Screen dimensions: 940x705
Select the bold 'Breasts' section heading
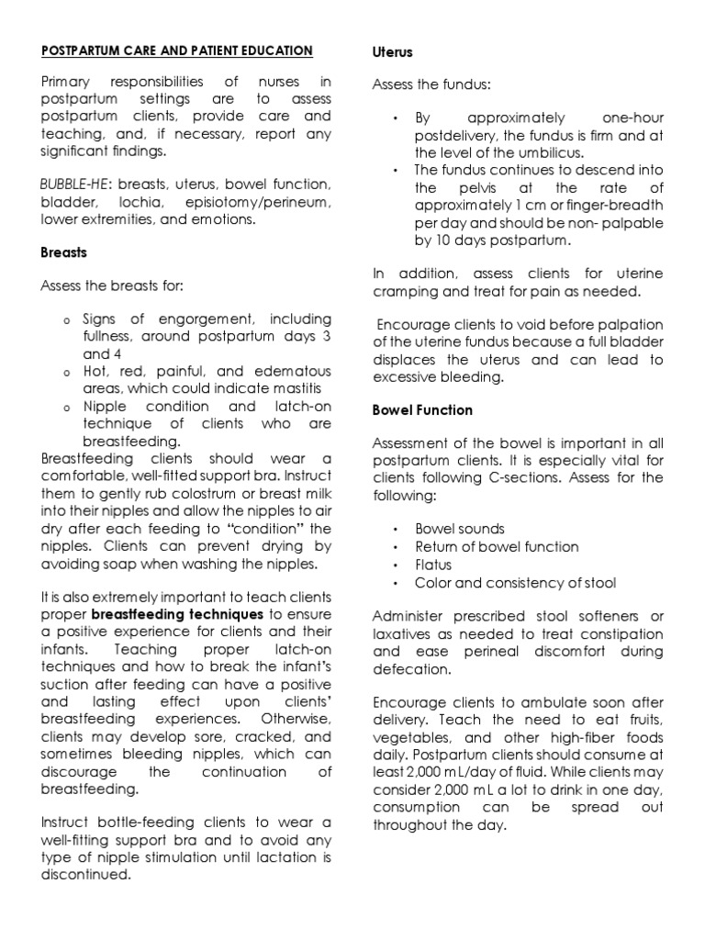click(x=64, y=252)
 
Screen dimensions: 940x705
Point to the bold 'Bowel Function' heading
click(x=422, y=409)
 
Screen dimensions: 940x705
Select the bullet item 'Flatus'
click(x=434, y=565)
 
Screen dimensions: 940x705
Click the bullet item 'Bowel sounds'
click(x=460, y=530)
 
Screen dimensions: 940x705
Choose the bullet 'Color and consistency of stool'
click(x=515, y=582)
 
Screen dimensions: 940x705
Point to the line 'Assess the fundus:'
click(x=431, y=84)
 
